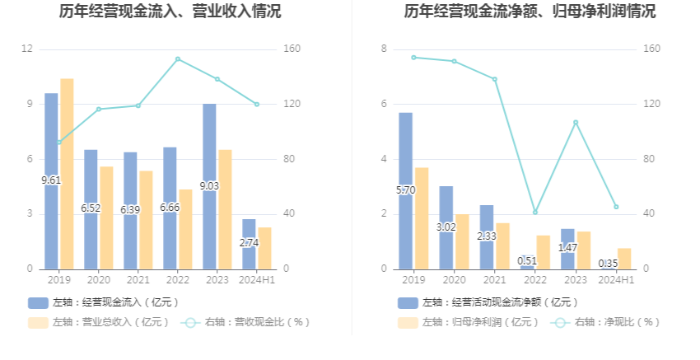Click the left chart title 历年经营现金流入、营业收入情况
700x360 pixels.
pyautogui.click(x=170, y=12)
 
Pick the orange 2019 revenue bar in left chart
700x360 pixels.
pyautogui.click(x=67, y=173)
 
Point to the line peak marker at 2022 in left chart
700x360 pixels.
pyautogui.click(x=178, y=59)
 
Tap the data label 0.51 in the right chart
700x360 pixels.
pyautogui.click(x=527, y=262)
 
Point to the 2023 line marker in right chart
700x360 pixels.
pyautogui.click(x=576, y=122)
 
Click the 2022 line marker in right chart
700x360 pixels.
pyautogui.click(x=535, y=213)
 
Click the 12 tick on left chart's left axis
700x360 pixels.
pyautogui.click(x=27, y=49)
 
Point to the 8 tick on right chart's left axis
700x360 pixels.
pyautogui.click(x=383, y=49)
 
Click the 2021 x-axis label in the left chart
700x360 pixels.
pyautogui.click(x=138, y=280)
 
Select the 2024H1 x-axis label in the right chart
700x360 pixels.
pyautogui.click(x=615, y=280)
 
